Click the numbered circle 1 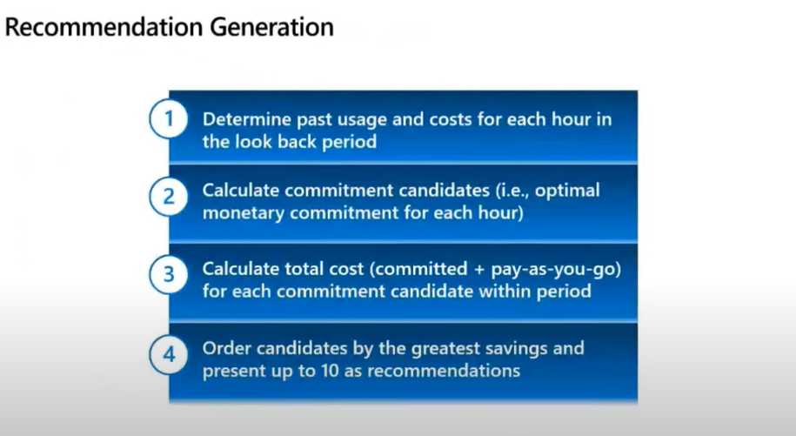pyautogui.click(x=169, y=118)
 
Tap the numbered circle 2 pyautogui.click(x=169, y=197)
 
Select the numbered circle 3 pyautogui.click(x=169, y=275)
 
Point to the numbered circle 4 pyautogui.click(x=169, y=354)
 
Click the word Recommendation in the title pyautogui.click(x=104, y=27)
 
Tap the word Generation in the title pyautogui.click(x=272, y=27)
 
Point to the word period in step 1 pyautogui.click(x=349, y=143)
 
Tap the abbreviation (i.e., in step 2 pyautogui.click(x=512, y=191)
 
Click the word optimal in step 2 pyautogui.click(x=567, y=191)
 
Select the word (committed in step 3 pyautogui.click(x=418, y=270)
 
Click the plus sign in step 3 pyautogui.click(x=479, y=270)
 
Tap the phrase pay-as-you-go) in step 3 pyautogui.click(x=556, y=270)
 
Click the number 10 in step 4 pyautogui.click(x=330, y=371)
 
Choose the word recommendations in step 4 pyautogui.click(x=444, y=371)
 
